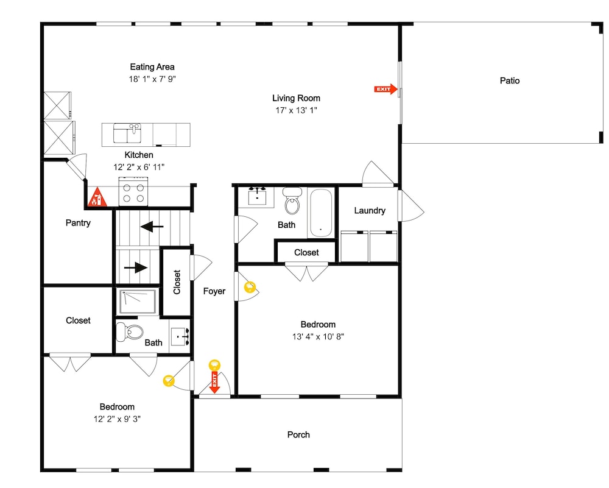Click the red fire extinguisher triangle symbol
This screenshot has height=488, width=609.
point(97,197)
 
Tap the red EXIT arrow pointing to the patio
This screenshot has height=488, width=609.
point(385,90)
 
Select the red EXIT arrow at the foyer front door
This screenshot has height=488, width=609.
point(214,383)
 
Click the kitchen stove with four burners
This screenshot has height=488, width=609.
point(133,191)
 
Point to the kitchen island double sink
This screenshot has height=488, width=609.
point(127,133)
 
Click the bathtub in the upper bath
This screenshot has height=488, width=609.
point(321,212)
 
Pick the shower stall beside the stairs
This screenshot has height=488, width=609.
point(138,301)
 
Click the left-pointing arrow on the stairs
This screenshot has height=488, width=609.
point(152,226)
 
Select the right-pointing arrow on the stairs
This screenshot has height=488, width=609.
point(136,267)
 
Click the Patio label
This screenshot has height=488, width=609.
point(510,81)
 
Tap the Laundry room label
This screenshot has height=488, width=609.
point(370,211)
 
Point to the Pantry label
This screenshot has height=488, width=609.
point(78,222)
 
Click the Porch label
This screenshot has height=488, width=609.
point(298,435)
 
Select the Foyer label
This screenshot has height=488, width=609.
point(214,291)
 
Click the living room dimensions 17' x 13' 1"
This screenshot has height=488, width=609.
point(297,110)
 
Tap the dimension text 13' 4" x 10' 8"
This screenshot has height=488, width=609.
point(318,336)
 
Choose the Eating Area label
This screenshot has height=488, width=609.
point(152,67)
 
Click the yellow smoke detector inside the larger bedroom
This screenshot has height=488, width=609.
point(250,287)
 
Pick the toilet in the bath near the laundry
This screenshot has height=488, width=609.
point(292,200)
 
